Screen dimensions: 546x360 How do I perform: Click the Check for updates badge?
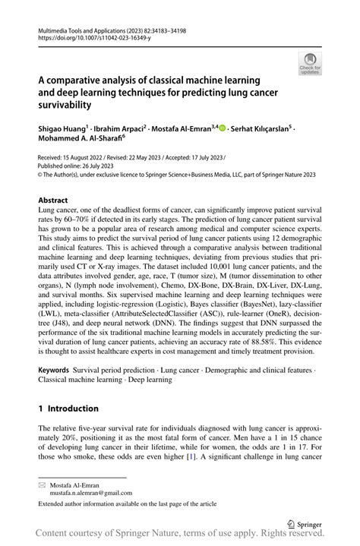(x=310, y=63)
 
